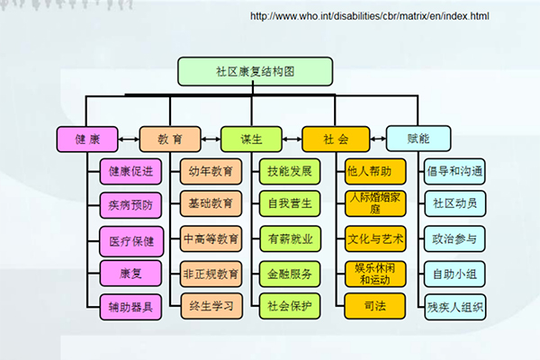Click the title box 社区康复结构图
tap(256, 70)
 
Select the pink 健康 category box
tap(87, 139)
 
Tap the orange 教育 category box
tap(170, 139)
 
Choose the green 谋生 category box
tap(251, 139)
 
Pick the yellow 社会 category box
tap(336, 139)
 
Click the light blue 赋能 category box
tap(418, 139)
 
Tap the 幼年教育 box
tap(211, 170)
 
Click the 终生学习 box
tap(211, 306)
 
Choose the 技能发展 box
tap(289, 170)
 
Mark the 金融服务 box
tap(289, 273)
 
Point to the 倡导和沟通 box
tap(454, 170)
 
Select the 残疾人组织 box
tap(454, 306)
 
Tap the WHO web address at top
tap(369, 16)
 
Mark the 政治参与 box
tap(454, 238)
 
